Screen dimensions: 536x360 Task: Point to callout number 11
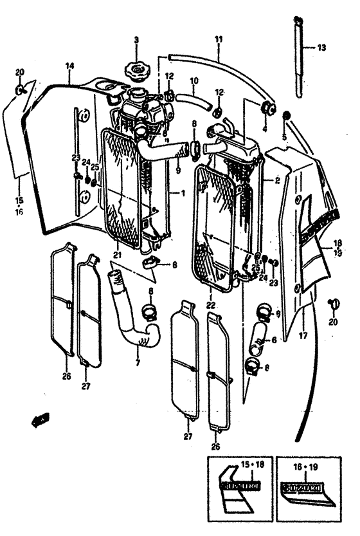[x=218, y=40]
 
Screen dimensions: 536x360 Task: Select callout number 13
[x=322, y=48]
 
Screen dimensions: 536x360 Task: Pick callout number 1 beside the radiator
[x=182, y=192]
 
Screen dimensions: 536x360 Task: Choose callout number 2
[x=277, y=181]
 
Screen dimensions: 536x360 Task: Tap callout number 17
[x=303, y=335]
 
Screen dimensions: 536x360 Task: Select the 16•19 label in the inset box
[x=307, y=465]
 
